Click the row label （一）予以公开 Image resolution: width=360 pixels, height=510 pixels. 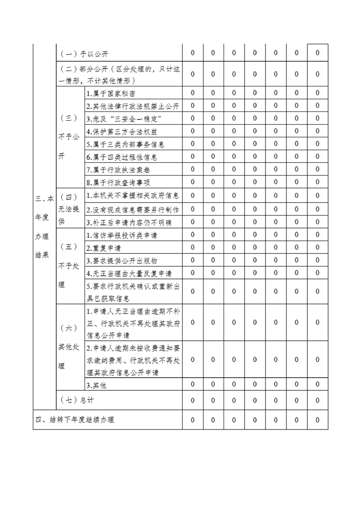pos(85,54)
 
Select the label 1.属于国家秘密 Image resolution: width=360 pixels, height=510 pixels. pos(110,93)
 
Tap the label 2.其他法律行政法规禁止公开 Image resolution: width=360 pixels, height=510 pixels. pos(133,106)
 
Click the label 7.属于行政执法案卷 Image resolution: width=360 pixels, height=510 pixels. pos(118,170)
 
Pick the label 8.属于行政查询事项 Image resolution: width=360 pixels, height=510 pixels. pos(118,182)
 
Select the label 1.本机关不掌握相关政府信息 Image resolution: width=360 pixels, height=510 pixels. pos(133,196)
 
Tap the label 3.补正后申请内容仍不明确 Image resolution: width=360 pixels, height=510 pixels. pos(129,222)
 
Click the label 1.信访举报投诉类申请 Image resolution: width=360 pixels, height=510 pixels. pos(122,235)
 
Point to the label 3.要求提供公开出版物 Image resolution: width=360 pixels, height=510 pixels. pos(122,261)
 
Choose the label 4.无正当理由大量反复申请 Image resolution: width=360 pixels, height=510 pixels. pos(129,273)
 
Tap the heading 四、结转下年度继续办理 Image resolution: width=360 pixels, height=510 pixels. pos(75,420)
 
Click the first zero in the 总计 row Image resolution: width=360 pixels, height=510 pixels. pos(193,400)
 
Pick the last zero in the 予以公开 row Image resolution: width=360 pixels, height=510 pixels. pos(318,53)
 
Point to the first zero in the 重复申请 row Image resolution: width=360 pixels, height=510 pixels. pos(193,247)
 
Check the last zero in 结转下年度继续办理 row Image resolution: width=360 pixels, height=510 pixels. pos(318,420)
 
